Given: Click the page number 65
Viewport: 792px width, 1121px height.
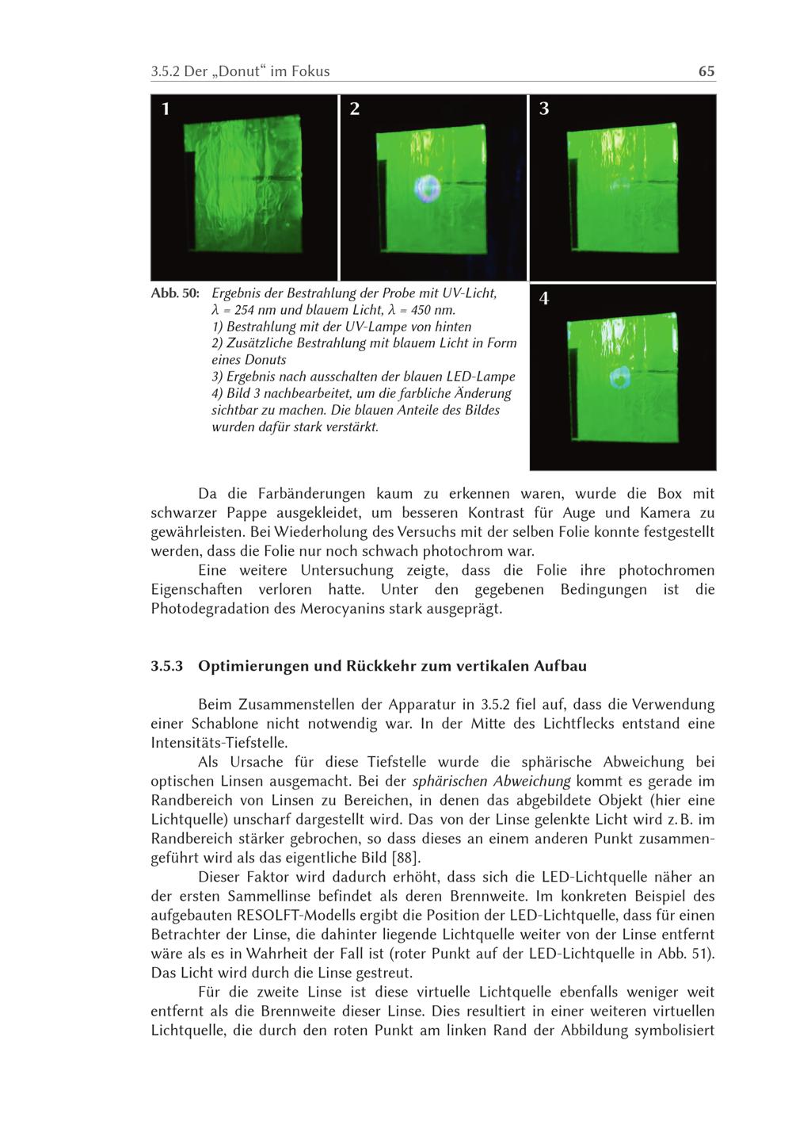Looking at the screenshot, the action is pos(706,71).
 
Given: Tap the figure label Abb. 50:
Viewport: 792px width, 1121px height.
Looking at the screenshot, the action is pos(175,293).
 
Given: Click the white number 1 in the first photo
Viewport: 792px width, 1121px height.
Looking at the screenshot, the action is pos(166,109).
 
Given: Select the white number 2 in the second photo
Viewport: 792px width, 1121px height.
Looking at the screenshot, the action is pos(355,109).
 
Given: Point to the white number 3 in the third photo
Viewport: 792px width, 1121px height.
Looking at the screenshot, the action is pos(544,109).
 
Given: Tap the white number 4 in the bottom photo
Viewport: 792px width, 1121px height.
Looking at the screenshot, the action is pos(544,299).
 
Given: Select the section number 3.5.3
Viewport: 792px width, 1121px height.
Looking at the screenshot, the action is pos(167,666).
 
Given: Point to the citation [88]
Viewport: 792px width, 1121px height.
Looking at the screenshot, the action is pos(406,858).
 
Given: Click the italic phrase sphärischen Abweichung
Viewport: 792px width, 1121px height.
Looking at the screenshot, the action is pos(492,781).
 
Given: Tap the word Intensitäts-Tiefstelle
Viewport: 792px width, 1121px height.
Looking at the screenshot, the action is pos(219,743).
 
